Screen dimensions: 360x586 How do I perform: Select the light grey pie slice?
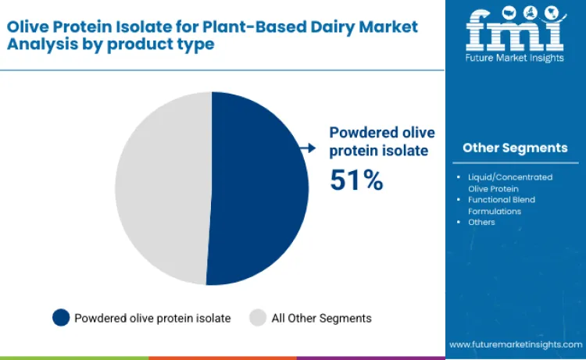(160, 187)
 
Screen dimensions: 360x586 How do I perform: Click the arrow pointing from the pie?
(309, 148)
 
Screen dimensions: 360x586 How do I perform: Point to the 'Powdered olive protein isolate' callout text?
(382, 141)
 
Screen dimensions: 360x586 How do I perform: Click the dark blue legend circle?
(61, 318)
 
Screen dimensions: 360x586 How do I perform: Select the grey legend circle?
(258, 318)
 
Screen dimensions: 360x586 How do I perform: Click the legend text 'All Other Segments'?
(321, 318)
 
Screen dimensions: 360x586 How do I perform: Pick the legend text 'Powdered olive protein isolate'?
(152, 318)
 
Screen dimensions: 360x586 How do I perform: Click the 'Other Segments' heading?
(515, 148)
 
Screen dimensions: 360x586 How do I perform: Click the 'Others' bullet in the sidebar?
(481, 222)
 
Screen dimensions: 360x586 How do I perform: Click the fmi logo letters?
(515, 29)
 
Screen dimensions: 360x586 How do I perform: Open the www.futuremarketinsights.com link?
(515, 344)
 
